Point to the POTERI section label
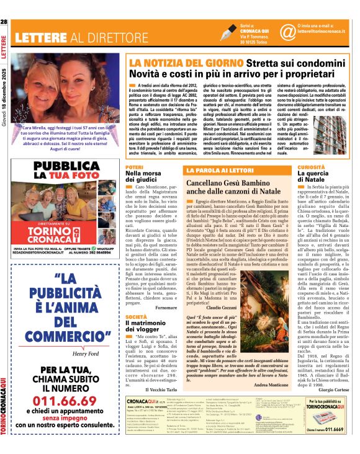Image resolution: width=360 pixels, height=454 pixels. tap(135, 167)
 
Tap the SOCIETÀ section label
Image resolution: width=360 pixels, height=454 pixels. tap(136, 317)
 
